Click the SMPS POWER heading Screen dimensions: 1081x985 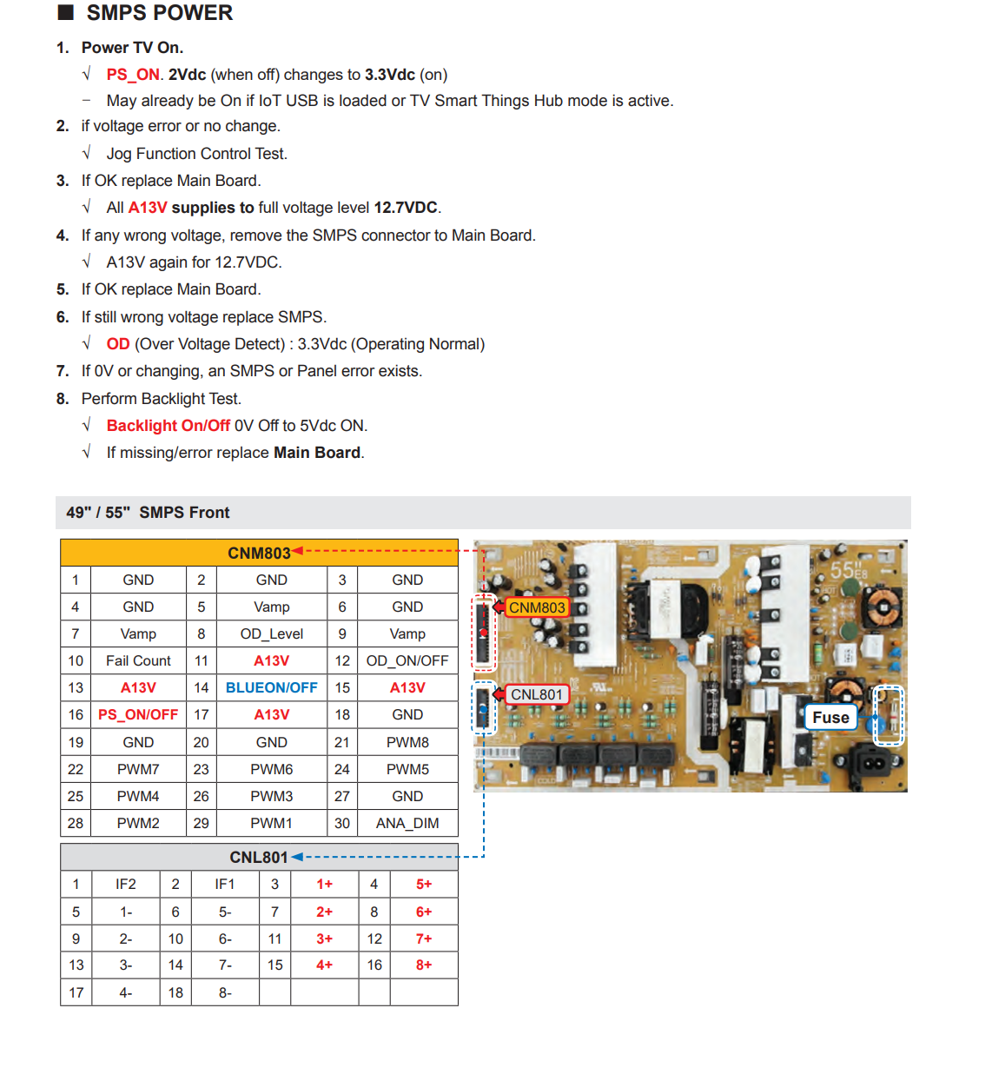pyautogui.click(x=159, y=13)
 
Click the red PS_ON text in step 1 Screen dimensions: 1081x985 pyautogui.click(x=133, y=75)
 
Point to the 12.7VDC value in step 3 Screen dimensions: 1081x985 pyautogui.click(x=406, y=208)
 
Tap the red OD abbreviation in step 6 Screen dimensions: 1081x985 pyautogui.click(x=118, y=344)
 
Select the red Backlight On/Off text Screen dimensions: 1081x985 pyautogui.click(x=169, y=426)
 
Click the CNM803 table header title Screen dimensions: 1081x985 pyautogui.click(x=259, y=554)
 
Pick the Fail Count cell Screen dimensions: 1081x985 pyautogui.click(x=138, y=661)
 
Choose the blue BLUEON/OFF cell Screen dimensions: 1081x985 pyautogui.click(x=272, y=688)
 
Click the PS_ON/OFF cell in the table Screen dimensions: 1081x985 pyautogui.click(x=138, y=715)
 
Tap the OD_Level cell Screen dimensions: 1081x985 pyautogui.click(x=272, y=634)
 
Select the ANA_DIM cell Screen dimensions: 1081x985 pyautogui.click(x=407, y=824)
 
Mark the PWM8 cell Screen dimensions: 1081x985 pyautogui.click(x=407, y=743)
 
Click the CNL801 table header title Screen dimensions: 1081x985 pyautogui.click(x=259, y=858)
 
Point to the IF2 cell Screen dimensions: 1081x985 pyautogui.click(x=126, y=885)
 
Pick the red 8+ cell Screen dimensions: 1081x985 pyautogui.click(x=424, y=965)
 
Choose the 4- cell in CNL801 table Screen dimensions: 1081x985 pyautogui.click(x=126, y=993)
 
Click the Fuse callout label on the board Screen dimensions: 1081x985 pyautogui.click(x=830, y=718)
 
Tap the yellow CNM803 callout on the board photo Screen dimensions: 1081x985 pyautogui.click(x=537, y=608)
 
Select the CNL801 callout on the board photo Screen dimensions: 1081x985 pyautogui.click(x=537, y=695)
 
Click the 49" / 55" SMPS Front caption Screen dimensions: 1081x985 pyautogui.click(x=148, y=513)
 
